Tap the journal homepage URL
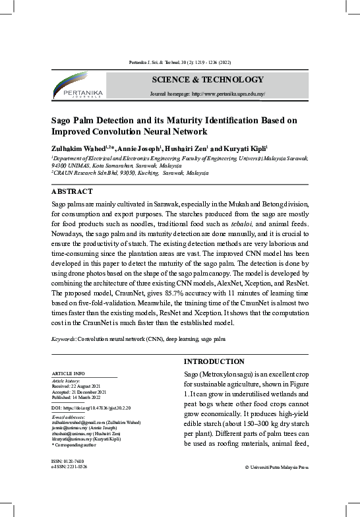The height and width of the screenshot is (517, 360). click(207, 94)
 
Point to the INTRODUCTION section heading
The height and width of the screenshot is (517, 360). click(214, 361)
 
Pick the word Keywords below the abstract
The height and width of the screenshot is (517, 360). click(63, 338)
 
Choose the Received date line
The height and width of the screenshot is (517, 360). click(77, 385)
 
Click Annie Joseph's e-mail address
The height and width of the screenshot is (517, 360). click(76, 427)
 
